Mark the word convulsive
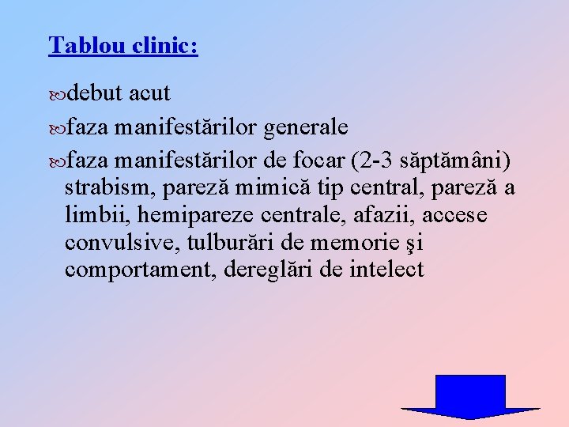tap(114, 243)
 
